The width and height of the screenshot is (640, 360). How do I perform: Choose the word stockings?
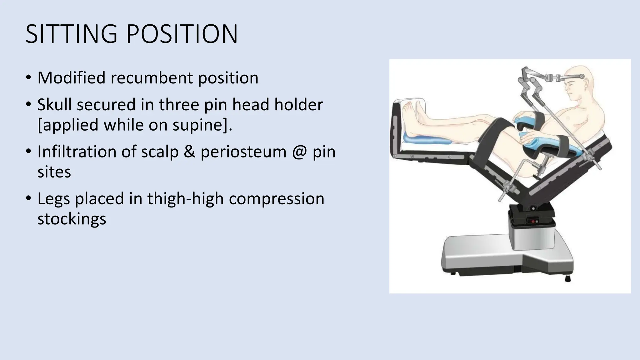coord(72,219)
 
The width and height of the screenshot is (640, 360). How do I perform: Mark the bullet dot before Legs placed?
coord(28,198)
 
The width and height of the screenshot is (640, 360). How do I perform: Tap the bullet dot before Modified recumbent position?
coord(28,77)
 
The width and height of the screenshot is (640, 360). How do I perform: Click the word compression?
coord(277,199)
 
